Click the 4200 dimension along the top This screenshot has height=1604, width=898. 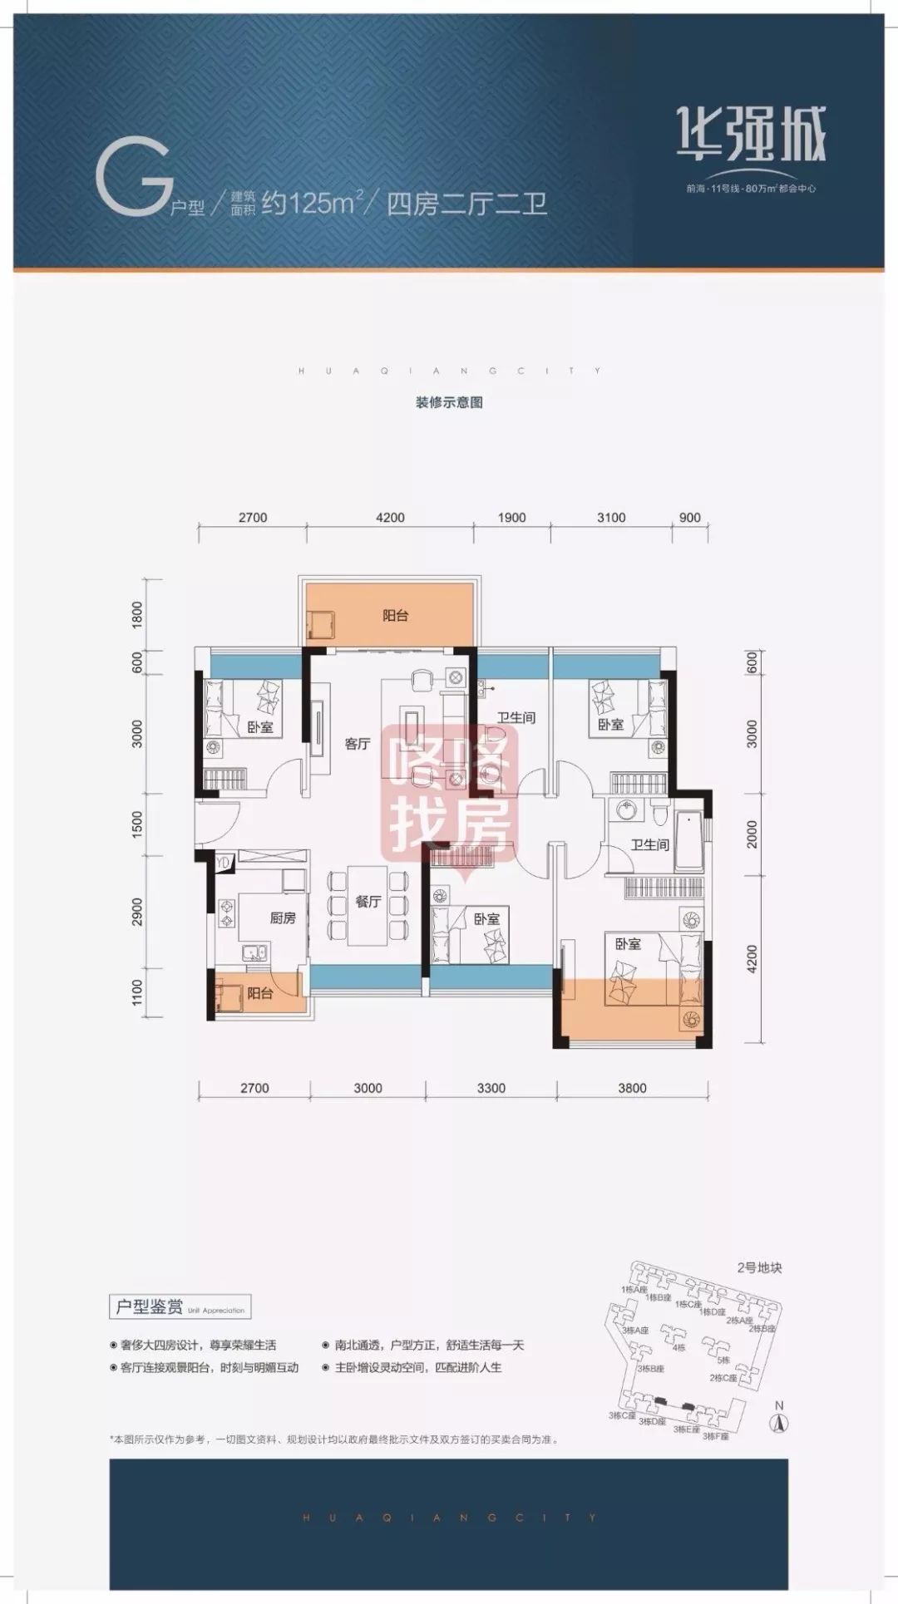(390, 518)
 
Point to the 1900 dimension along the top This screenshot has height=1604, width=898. (512, 518)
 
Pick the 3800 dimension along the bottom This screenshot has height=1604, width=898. (632, 1088)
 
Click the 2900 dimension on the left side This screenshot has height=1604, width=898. (138, 912)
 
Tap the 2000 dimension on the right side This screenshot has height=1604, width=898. (752, 833)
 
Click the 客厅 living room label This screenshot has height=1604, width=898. (358, 744)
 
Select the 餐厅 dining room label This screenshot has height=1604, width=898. (368, 902)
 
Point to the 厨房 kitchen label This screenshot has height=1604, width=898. (283, 918)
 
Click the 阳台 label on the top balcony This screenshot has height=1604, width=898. (396, 616)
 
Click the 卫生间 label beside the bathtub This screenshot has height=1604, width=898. (649, 845)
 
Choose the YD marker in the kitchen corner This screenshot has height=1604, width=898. (222, 864)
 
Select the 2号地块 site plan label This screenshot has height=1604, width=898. (759, 1268)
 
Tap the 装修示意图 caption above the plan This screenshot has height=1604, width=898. (449, 403)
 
